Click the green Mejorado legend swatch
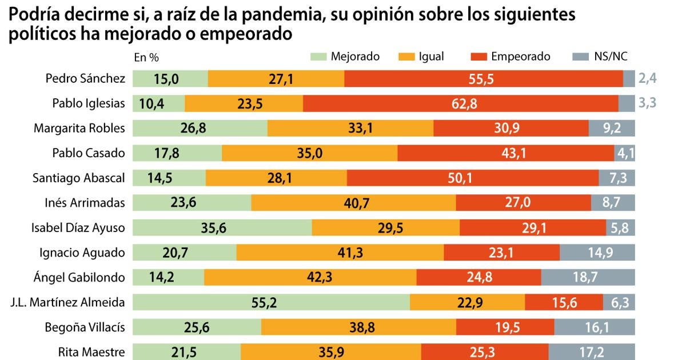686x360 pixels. tap(318, 57)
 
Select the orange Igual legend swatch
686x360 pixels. tap(406, 57)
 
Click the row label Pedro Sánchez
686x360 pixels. tap(85, 79)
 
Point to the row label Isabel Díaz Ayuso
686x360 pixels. tap(78, 228)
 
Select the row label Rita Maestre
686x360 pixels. tap(91, 352)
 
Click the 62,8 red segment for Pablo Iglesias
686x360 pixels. tap(461, 103)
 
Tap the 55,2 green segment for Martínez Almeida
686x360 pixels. tap(271, 302)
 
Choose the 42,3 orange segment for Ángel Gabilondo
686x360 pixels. tap(310, 278)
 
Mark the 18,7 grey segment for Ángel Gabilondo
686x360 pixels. tap(588, 278)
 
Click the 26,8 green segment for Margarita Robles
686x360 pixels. tap(200, 129)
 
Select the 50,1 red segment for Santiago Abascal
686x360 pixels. tap(473, 178)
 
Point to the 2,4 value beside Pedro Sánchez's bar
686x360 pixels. tap(648, 79)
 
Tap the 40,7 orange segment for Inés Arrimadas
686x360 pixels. tap(353, 203)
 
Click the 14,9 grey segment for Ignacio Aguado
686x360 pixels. tap(597, 253)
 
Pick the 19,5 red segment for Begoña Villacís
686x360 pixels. tap(505, 327)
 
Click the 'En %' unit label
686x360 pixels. tap(146, 57)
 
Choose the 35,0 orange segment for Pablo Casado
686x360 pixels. tap(309, 153)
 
